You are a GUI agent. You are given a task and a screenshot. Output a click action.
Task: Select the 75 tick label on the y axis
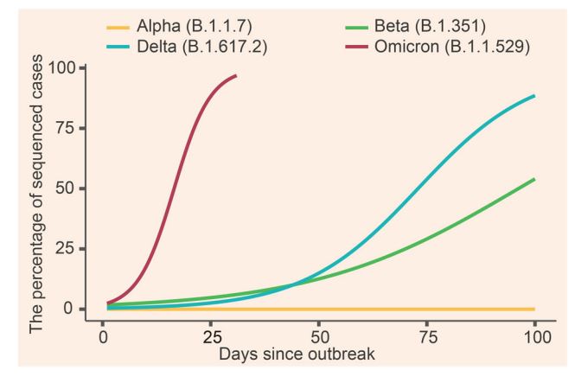[x=67, y=128]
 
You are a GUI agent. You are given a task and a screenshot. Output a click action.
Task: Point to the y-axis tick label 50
[x=67, y=188]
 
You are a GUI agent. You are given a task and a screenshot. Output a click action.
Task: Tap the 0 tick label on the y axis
[x=72, y=309]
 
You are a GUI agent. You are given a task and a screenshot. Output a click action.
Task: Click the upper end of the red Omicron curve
[x=236, y=76]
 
